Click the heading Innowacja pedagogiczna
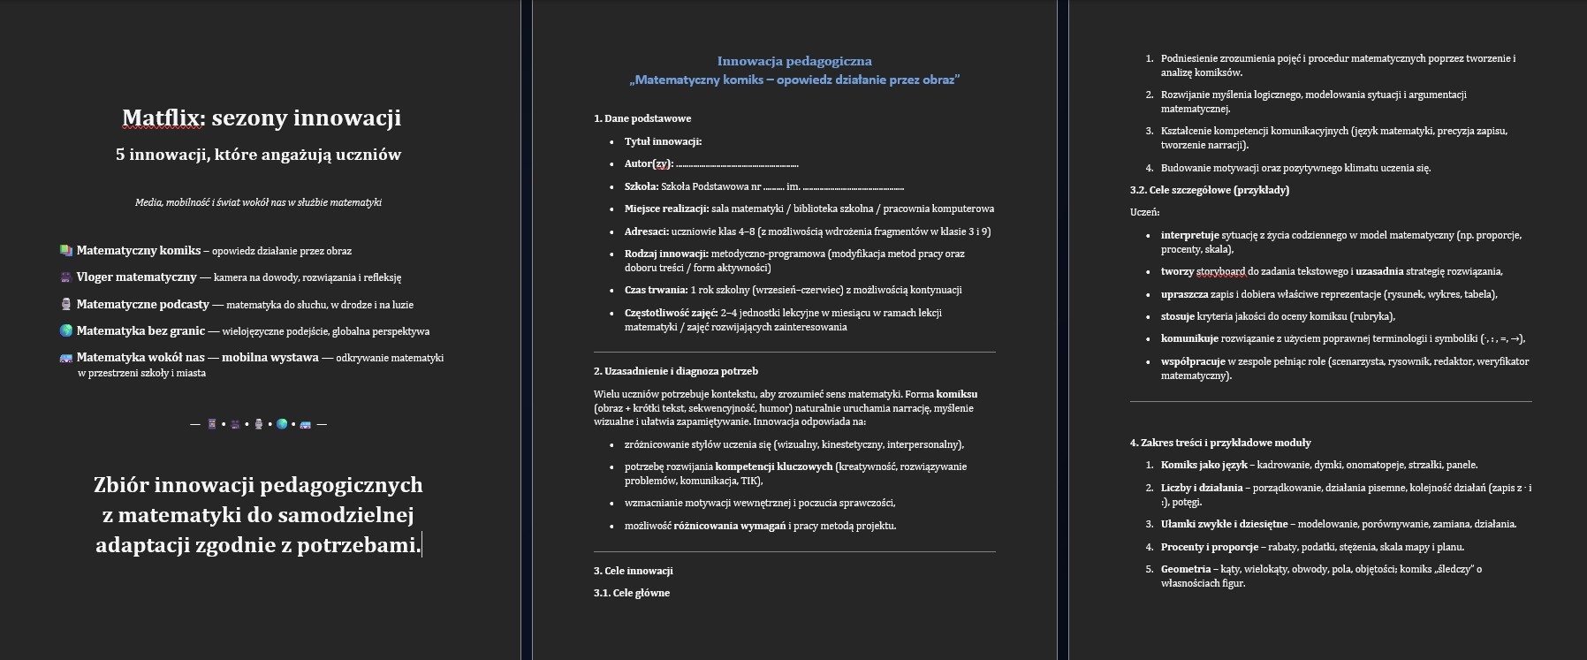pyautogui.click(x=793, y=61)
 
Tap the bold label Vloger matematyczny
pyautogui.click(x=136, y=277)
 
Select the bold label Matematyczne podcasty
pyautogui.click(x=142, y=305)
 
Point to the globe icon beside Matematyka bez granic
pyautogui.click(x=66, y=331)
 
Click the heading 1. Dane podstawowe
pyautogui.click(x=642, y=118)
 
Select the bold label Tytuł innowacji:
pyautogui.click(x=663, y=141)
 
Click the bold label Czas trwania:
pyautogui.click(x=656, y=290)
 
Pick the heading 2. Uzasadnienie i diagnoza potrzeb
pyautogui.click(x=675, y=371)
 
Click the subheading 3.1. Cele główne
pyautogui.click(x=631, y=593)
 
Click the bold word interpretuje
pyautogui.click(x=1189, y=235)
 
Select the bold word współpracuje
pyautogui.click(x=1192, y=361)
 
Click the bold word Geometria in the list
pyautogui.click(x=1185, y=569)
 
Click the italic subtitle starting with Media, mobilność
pyautogui.click(x=258, y=202)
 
